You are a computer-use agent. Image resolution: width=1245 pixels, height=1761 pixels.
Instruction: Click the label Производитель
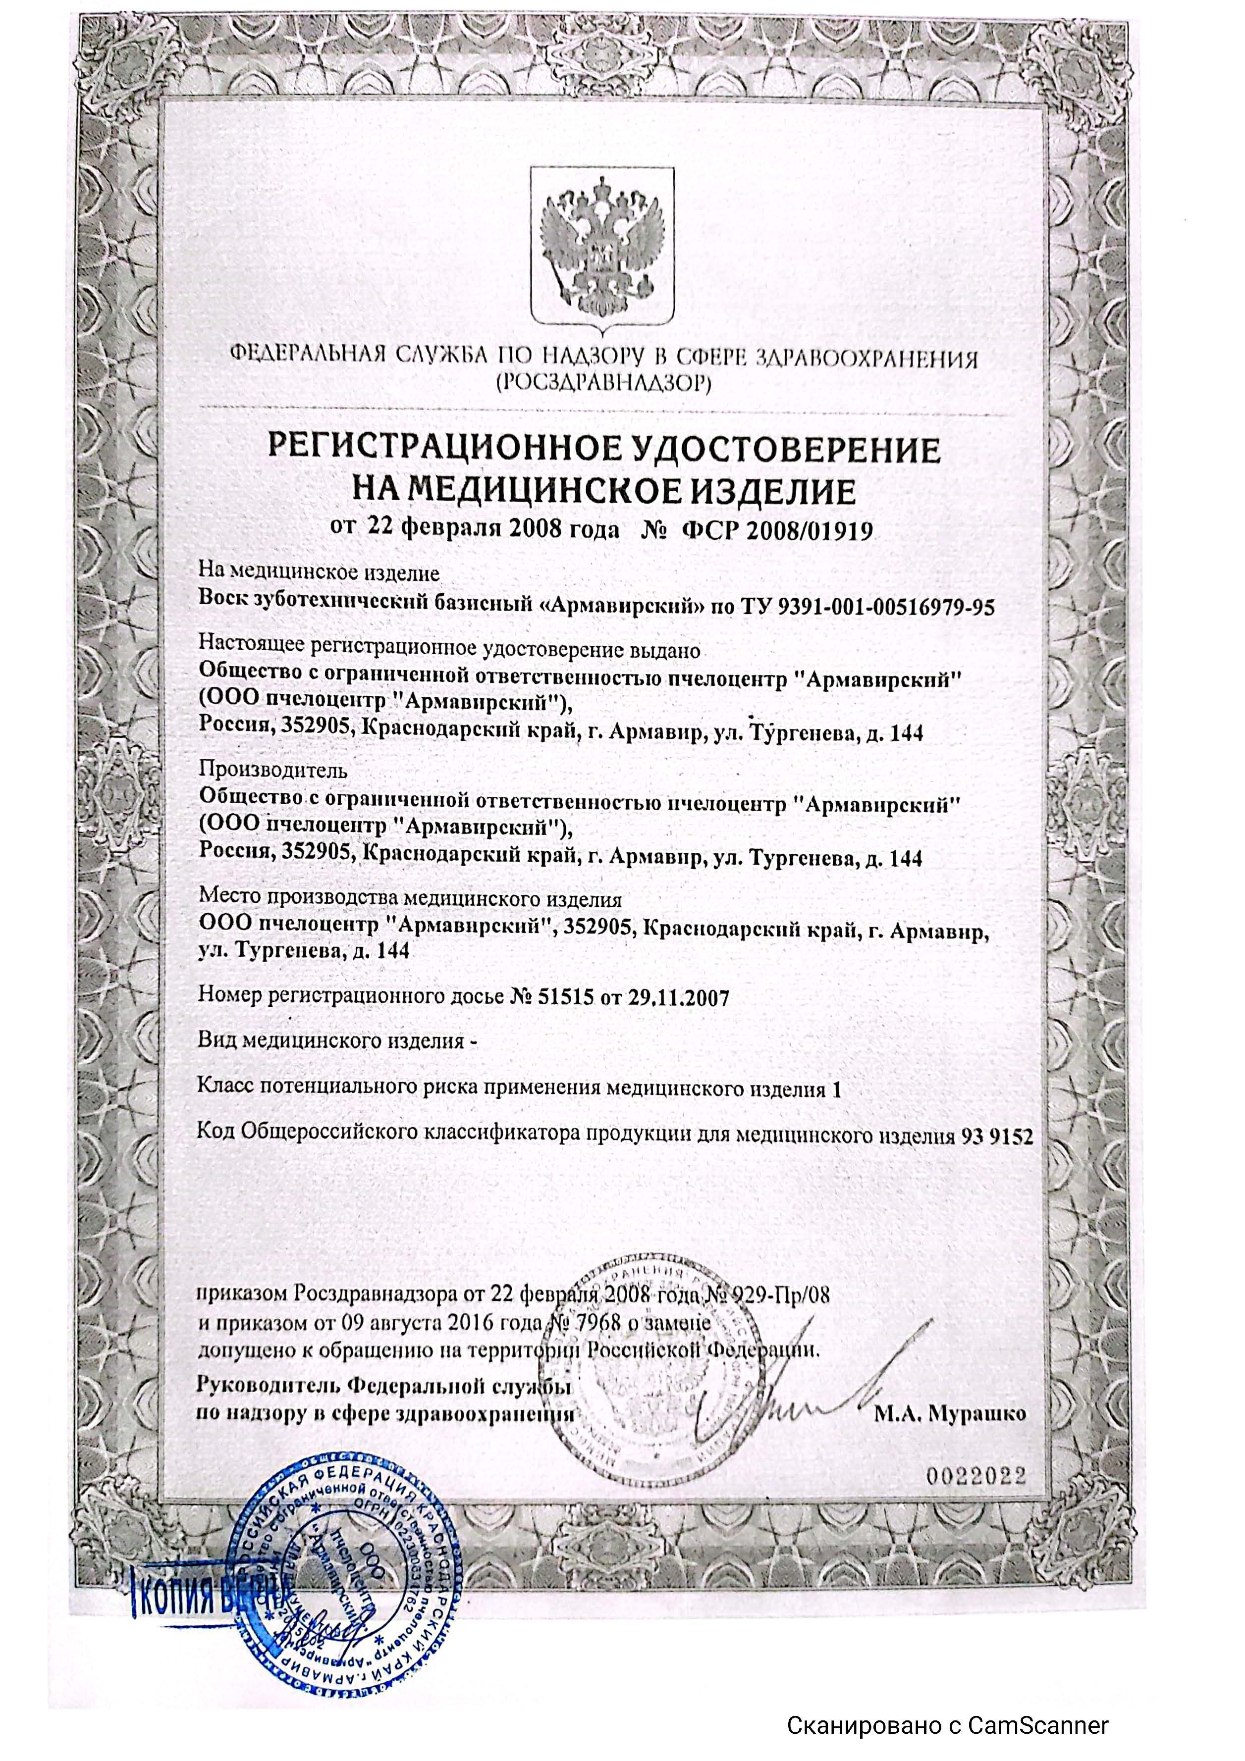(273, 768)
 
